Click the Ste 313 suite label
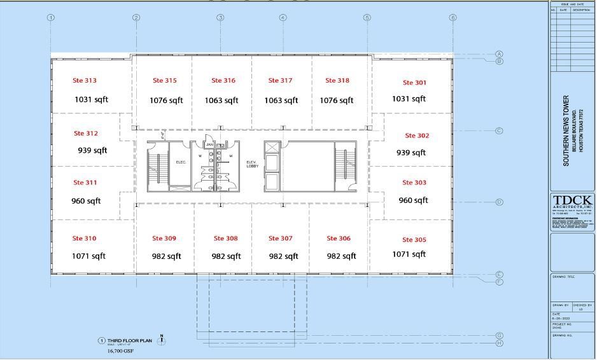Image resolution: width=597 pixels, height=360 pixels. (x=85, y=81)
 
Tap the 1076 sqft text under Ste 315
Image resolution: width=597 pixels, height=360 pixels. (x=166, y=100)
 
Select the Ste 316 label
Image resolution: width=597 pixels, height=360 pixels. (x=223, y=81)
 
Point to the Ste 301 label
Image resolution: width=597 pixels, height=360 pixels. (x=415, y=83)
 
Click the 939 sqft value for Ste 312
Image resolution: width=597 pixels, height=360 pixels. (x=92, y=151)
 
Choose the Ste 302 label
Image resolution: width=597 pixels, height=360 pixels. (x=417, y=135)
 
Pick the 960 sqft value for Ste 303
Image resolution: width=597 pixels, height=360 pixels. (x=413, y=200)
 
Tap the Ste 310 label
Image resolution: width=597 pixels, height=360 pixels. (x=85, y=239)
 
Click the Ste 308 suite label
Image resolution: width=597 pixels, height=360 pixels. (x=226, y=239)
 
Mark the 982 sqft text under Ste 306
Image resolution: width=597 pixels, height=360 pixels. (x=341, y=256)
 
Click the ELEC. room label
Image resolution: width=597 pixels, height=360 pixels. (x=180, y=163)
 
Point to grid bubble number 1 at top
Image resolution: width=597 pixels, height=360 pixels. (x=50, y=18)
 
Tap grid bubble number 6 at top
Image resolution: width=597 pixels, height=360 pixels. (x=453, y=18)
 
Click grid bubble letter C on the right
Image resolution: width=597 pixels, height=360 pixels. (x=500, y=131)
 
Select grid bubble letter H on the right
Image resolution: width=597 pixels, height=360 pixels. (x=500, y=343)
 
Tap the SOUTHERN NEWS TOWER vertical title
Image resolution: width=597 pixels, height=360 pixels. (x=566, y=131)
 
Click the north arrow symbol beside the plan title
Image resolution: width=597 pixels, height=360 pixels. (x=162, y=340)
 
